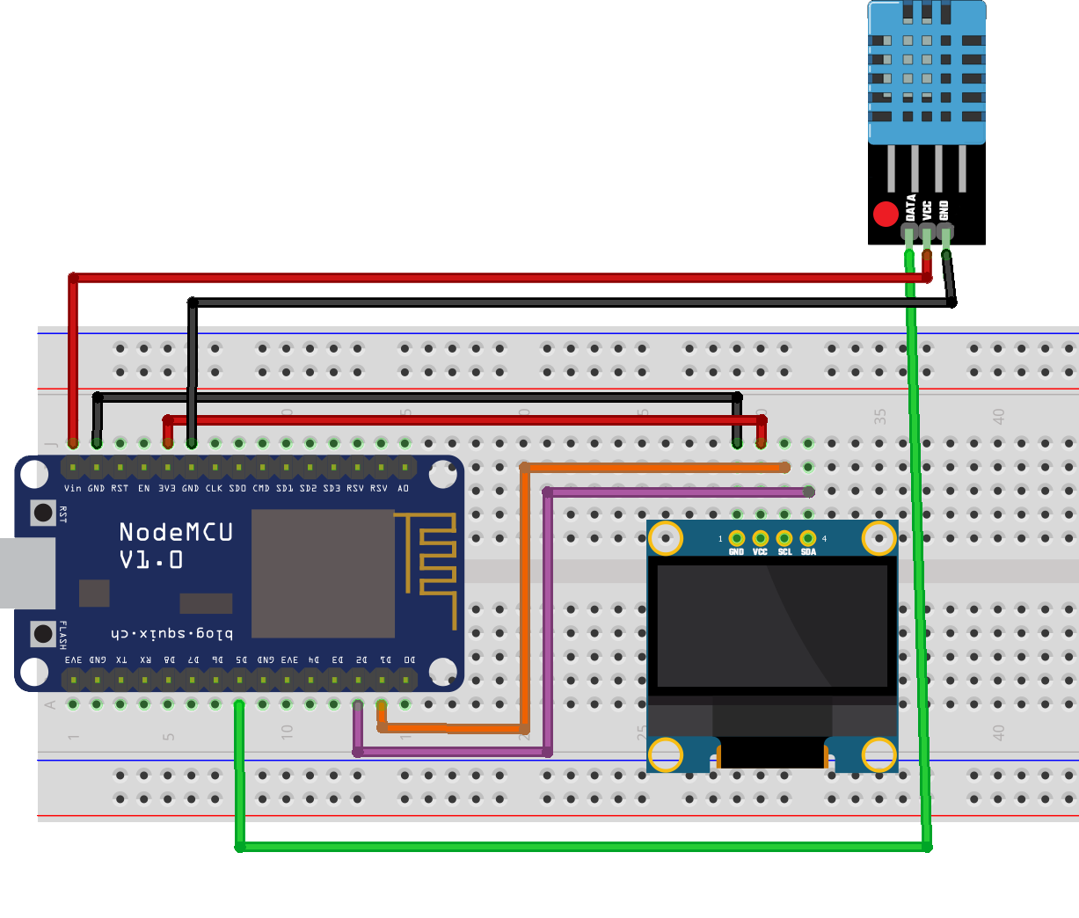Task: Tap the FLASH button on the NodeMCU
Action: click(x=43, y=633)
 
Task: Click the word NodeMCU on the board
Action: click(x=176, y=532)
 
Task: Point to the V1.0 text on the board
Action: click(x=151, y=560)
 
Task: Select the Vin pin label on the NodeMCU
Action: click(x=72, y=488)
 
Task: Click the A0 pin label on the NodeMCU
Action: click(x=404, y=488)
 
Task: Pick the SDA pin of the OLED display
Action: click(x=808, y=538)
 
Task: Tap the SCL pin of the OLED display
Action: click(x=784, y=538)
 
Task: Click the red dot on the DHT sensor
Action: click(x=886, y=214)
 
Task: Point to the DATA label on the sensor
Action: click(x=911, y=208)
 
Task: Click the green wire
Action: click(x=580, y=847)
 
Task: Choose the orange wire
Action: click(x=525, y=598)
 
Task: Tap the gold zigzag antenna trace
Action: click(x=431, y=563)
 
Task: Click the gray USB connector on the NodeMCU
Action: click(x=26, y=573)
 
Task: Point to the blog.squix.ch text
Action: click(x=172, y=633)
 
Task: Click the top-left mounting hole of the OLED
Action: click(x=666, y=538)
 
